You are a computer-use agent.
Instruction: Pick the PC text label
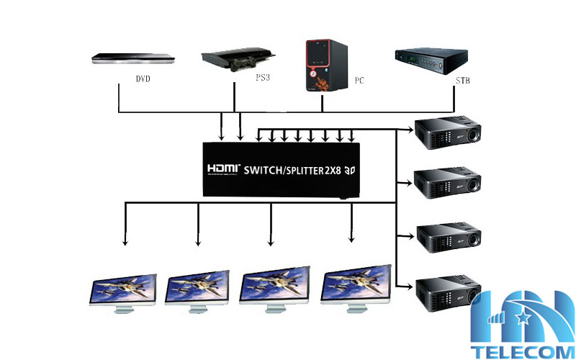359,81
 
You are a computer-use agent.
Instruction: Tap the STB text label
464,81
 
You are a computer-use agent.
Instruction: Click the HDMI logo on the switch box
222,170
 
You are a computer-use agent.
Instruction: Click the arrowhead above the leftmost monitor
125,243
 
